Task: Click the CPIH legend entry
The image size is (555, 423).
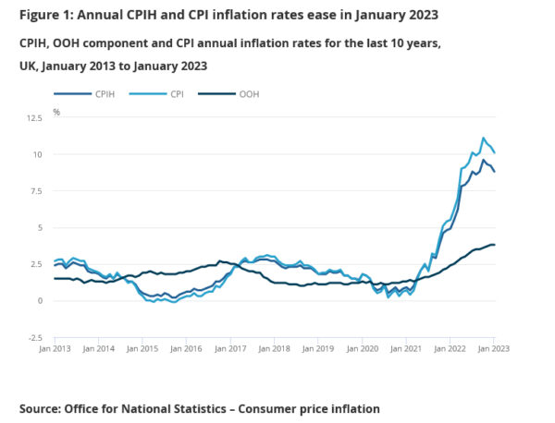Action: click(102, 93)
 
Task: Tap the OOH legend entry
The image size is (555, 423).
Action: click(249, 93)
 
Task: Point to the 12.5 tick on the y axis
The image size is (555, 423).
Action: click(33, 118)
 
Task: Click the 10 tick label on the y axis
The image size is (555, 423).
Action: click(37, 154)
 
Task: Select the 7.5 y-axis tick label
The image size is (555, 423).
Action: click(35, 191)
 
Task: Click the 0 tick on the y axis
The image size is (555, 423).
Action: click(40, 301)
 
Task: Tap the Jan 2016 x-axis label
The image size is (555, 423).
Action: click(186, 348)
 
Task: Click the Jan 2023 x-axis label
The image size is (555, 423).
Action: click(493, 348)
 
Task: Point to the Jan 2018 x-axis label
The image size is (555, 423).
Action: click(275, 348)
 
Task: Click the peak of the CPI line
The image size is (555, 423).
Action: click(483, 138)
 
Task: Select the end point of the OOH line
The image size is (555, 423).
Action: click(496, 245)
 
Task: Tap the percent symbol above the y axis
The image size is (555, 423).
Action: click(56, 112)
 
